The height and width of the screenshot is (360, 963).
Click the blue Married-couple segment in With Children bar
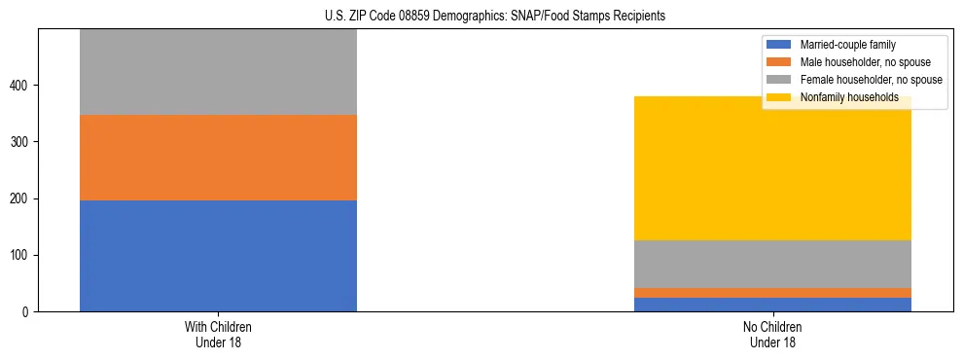click(218, 255)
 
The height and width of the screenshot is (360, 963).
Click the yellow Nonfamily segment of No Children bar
click(772, 175)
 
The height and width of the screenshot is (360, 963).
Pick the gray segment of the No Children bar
click(772, 264)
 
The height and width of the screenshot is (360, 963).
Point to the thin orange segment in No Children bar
click(772, 293)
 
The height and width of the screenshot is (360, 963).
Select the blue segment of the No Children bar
click(772, 305)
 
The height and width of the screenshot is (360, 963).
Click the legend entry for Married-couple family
click(847, 45)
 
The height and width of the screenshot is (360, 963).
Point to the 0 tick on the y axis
click(28, 312)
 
